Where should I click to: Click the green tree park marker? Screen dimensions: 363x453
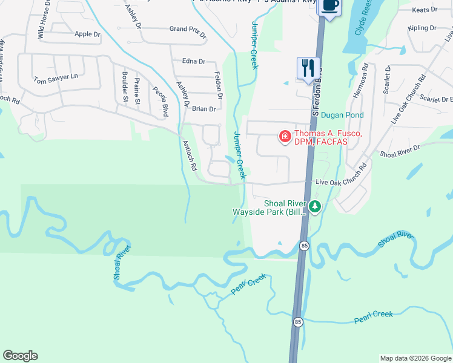pos(315,208)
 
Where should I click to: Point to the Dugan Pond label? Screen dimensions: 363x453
pos(342,114)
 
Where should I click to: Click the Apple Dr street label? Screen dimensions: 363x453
pos(87,34)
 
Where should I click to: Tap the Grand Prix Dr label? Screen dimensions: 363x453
pos(188,29)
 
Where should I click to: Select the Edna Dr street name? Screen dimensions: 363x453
pos(194,61)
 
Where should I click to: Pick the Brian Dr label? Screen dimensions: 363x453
pos(203,109)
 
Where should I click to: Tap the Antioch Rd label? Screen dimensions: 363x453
pos(190,157)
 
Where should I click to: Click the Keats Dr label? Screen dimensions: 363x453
pos(424,10)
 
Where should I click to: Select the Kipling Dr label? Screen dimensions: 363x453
pos(422,28)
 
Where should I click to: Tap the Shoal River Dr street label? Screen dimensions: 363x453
pos(400,151)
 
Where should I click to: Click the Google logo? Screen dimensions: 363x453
pos(21,356)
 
